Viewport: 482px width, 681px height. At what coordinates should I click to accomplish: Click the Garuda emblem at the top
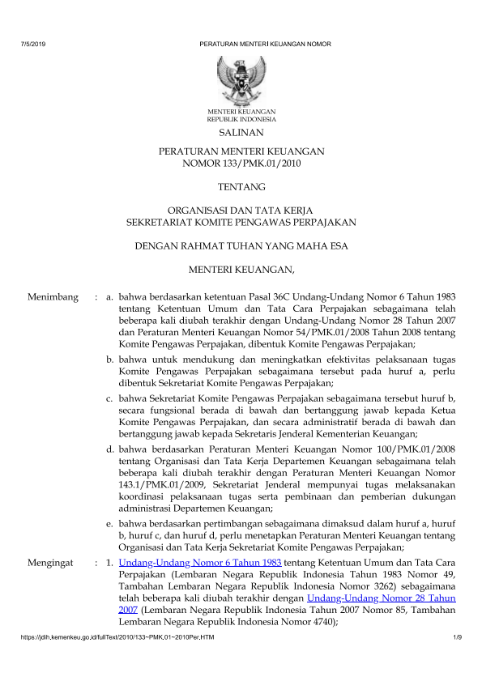(241, 79)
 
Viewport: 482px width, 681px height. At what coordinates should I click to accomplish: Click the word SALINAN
(241, 131)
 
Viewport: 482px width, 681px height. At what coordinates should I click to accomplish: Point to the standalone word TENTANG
(241, 187)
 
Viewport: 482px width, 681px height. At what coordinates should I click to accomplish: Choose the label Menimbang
(52, 298)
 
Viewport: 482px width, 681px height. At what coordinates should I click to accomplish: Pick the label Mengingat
(50, 560)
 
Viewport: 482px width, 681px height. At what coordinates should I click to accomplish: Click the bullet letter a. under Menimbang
(111, 298)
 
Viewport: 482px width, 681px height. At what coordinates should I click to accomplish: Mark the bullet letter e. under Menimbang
(111, 525)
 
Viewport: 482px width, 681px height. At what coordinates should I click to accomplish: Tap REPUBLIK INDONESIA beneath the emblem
(241, 118)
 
